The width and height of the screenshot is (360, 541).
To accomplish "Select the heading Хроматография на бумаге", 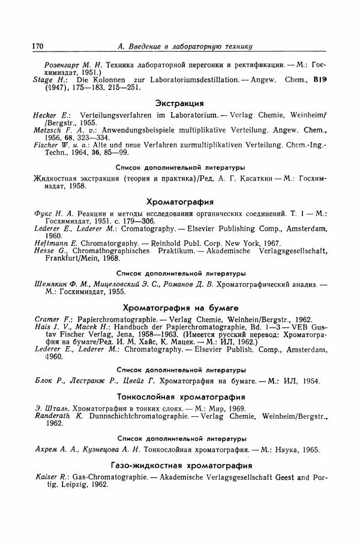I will [x=180, y=307].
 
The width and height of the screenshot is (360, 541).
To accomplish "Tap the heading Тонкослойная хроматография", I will [x=180, y=396].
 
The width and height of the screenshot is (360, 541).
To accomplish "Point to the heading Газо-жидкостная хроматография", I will [x=180, y=465].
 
